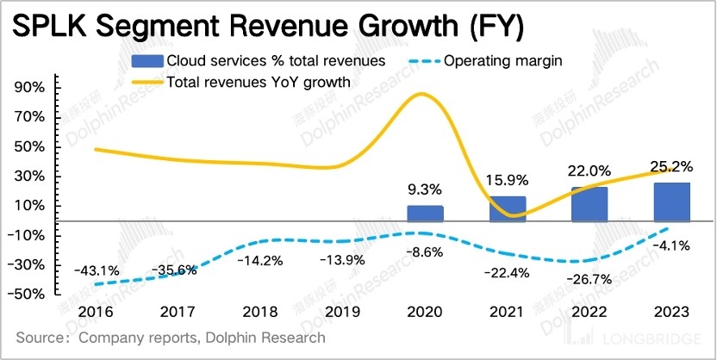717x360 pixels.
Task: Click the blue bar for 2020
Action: pos(425,213)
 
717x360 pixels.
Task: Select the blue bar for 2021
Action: pos(508,208)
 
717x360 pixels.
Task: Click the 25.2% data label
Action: pos(671,163)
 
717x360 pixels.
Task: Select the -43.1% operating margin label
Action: pos(97,270)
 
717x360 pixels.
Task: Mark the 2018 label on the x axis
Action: pos(259,311)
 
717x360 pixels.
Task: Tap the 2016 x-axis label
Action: pos(95,311)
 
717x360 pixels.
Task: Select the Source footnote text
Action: pos(171,338)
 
